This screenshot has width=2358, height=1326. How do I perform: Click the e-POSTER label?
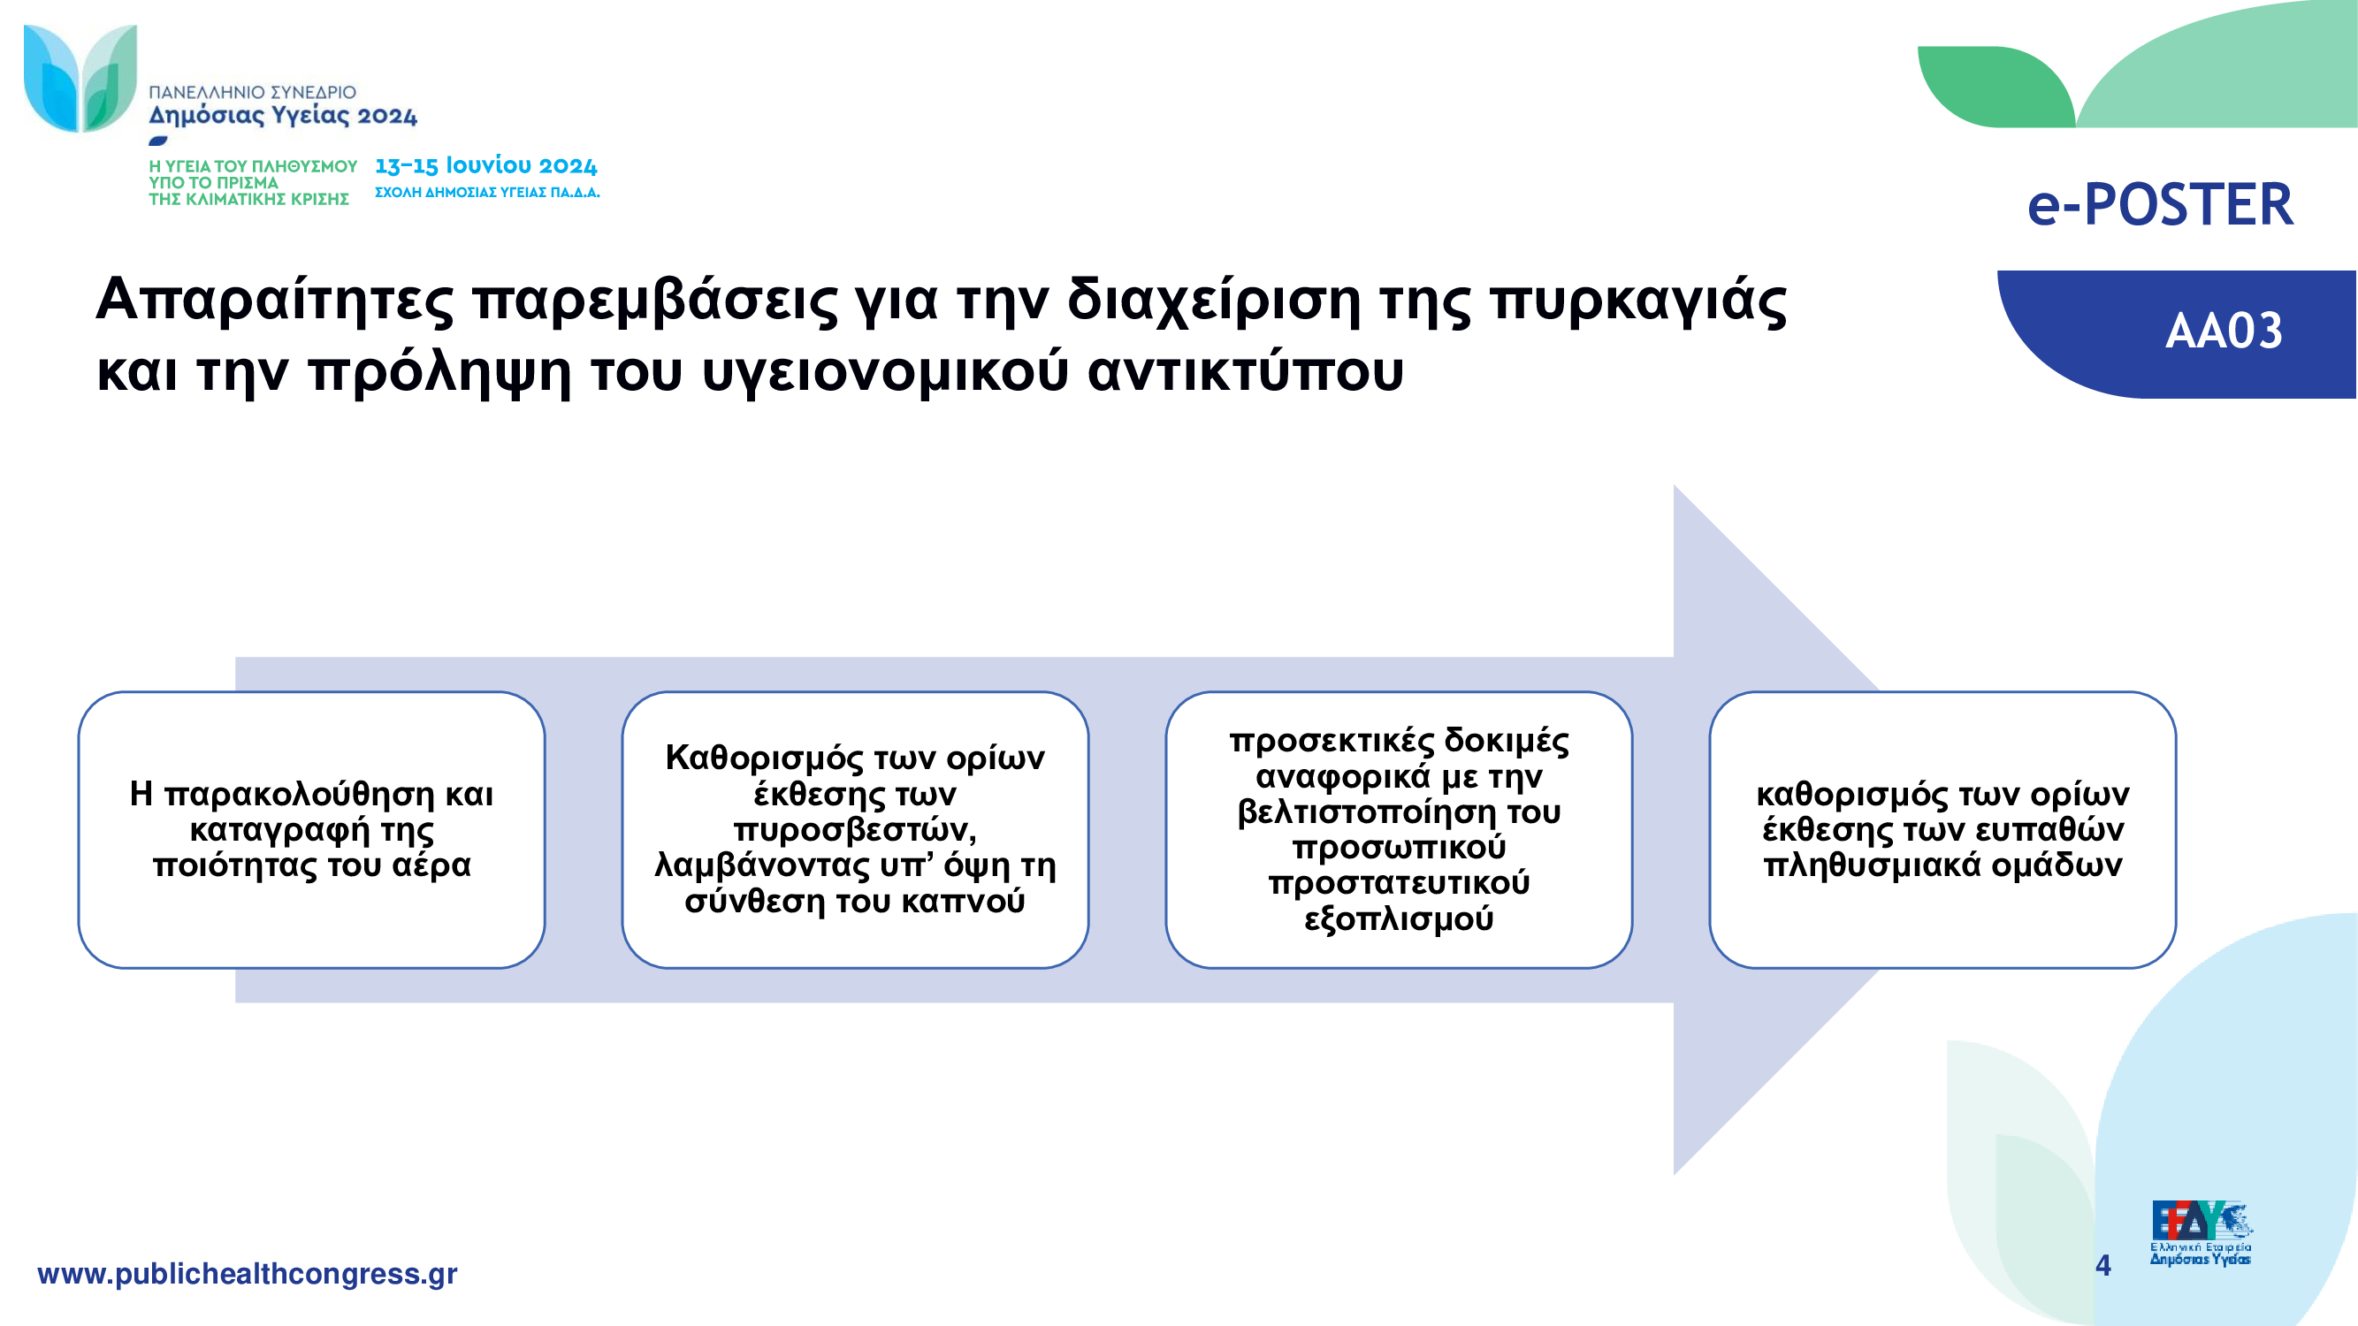[x=2160, y=204]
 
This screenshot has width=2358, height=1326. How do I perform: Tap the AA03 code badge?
[x=2224, y=331]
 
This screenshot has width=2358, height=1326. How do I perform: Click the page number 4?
[x=2103, y=1265]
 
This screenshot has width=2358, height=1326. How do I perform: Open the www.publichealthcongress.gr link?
[x=248, y=1274]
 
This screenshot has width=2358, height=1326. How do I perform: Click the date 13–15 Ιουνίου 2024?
[x=486, y=165]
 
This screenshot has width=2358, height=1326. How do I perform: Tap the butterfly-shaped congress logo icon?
[x=80, y=78]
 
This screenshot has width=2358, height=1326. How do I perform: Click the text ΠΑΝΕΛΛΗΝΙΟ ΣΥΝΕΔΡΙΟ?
[x=253, y=93]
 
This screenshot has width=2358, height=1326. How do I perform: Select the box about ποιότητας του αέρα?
[x=311, y=829]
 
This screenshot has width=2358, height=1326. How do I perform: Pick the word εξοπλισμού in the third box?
[x=1399, y=918]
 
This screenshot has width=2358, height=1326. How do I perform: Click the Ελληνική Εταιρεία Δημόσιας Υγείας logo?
[x=2201, y=1232]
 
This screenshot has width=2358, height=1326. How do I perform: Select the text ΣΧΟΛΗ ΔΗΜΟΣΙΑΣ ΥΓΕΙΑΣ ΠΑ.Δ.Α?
[x=487, y=192]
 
